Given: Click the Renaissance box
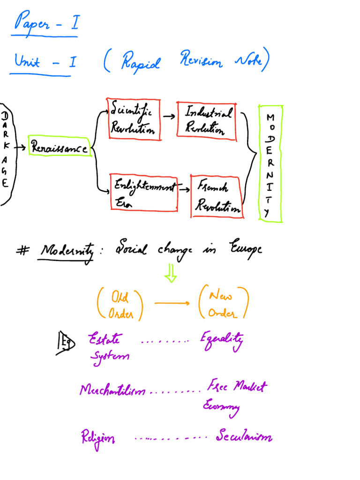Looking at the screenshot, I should [x=60, y=147].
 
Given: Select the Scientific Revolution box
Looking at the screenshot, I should [x=134, y=119].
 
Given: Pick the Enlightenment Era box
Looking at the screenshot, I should [x=144, y=193].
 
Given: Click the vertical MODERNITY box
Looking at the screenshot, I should [x=270, y=164].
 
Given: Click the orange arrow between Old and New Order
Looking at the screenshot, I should [x=172, y=303].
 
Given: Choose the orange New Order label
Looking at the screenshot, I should [x=222, y=304].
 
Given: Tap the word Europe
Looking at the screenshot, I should [x=245, y=249].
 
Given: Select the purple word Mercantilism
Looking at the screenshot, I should [x=112, y=390].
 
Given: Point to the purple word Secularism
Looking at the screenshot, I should [x=244, y=437].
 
